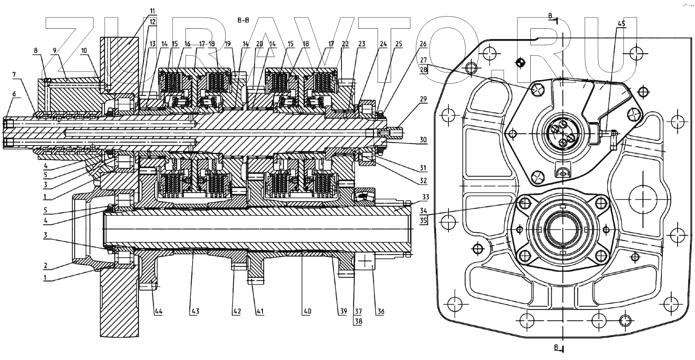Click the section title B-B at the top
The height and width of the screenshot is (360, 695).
(243, 20)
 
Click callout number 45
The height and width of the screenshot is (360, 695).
(622, 23)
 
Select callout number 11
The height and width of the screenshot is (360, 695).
(152, 11)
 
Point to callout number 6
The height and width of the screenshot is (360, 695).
(14, 94)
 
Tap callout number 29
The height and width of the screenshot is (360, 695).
(423, 99)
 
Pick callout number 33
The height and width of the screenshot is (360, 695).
(425, 197)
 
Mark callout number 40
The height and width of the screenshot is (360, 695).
(307, 311)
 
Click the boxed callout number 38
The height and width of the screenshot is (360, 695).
(358, 321)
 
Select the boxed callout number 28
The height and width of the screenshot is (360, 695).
(423, 69)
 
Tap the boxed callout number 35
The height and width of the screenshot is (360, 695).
(423, 221)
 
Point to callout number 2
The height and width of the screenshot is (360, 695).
(45, 265)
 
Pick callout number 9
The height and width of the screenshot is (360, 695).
(54, 49)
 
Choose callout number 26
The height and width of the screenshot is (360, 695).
(423, 44)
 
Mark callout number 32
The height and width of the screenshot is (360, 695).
(423, 181)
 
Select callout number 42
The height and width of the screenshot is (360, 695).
(237, 311)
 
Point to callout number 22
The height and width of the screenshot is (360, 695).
(345, 44)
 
